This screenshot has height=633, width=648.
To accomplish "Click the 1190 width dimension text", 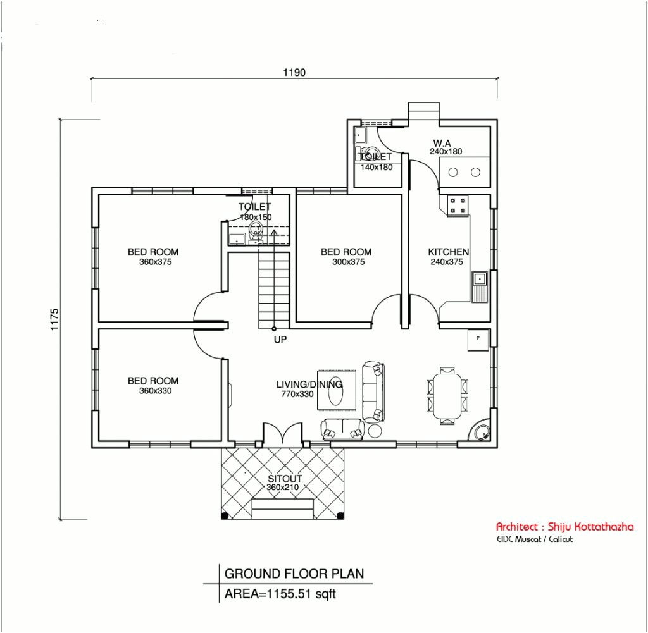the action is coord(294,72).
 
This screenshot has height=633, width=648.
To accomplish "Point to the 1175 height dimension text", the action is coord(55,319).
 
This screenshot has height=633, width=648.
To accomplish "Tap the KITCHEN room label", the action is coord(449,252).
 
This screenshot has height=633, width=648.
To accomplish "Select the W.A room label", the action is coord(442,143).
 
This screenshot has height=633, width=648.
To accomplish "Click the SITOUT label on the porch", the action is coord(285,478).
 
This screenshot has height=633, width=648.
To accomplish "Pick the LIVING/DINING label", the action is coord(309,384).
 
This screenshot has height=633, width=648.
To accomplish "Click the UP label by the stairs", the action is coord(280,340).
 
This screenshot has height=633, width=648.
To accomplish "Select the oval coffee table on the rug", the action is coord(335,391).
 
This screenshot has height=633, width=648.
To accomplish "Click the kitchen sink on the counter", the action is coord(480,286).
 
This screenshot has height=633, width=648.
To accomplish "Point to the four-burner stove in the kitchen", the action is coord(458,206).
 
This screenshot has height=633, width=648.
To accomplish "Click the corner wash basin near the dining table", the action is coord(481,433).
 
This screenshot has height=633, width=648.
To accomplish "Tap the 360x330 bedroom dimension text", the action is coord(156,391).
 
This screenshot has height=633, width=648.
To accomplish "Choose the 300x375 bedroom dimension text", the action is coord(349,262).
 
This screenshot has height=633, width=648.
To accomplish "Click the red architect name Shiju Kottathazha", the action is coord(590,527).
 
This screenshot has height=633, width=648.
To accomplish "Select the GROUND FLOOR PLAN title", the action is coord(294,574).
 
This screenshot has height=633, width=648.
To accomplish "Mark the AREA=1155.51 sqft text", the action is coord(280,594).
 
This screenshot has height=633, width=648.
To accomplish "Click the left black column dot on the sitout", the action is coord(225,515).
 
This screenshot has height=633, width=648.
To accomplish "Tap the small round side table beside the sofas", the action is coord(375,431).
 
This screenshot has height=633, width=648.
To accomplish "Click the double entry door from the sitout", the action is coord(283,434).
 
